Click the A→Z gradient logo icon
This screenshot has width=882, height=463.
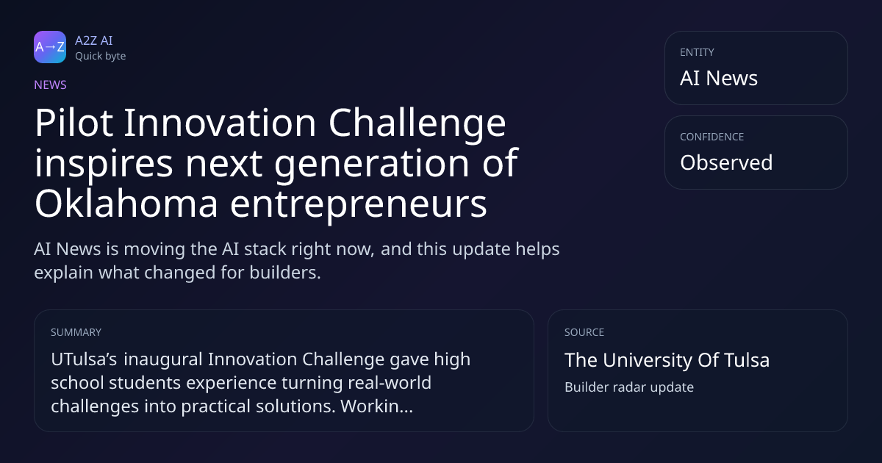50,47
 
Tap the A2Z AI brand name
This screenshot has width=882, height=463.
94,40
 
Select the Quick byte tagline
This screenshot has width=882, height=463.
101,57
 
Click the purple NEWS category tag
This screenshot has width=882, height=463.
51,85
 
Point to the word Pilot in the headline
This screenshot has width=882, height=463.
74,123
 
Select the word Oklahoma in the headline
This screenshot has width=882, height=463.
126,203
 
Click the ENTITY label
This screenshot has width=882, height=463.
697,52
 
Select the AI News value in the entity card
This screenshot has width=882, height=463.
719,78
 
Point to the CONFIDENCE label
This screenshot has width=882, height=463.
712,137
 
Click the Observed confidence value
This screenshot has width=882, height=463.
726,162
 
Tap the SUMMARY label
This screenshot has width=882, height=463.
76,332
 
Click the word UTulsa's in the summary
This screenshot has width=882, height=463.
84,359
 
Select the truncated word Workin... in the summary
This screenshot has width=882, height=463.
377,406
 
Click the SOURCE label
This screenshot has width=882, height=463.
584,332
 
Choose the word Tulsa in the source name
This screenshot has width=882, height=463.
747,360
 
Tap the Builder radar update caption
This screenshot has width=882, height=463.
629,387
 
